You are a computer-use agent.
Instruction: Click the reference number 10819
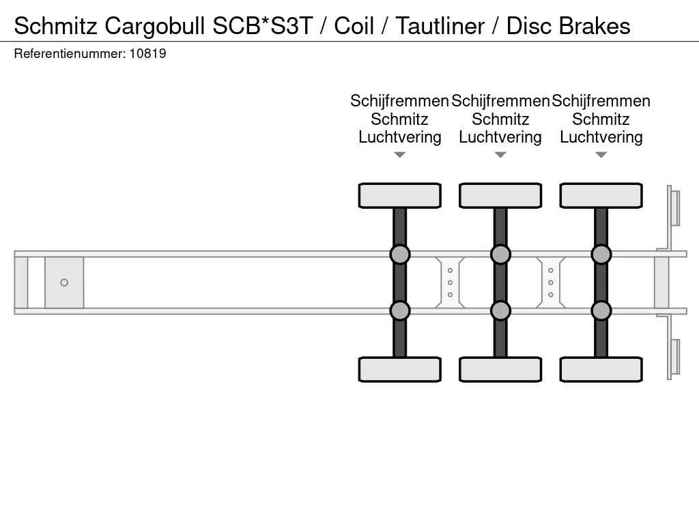pos(147,53)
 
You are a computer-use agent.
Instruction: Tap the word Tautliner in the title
pos(440,26)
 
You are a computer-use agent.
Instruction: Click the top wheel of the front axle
pos(399,196)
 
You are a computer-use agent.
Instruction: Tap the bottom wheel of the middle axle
pos(500,369)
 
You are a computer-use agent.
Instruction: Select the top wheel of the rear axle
pos(601,196)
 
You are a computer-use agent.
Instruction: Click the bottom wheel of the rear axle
pos(601,369)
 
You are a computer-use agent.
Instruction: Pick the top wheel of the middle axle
pos(500,196)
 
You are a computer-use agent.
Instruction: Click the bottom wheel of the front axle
pos(399,369)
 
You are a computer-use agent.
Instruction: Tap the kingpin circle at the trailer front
pos(64,282)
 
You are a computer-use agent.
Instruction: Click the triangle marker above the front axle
pos(400,155)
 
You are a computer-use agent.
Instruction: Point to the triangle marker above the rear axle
pos(601,155)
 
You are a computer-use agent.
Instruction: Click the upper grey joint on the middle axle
pos(500,254)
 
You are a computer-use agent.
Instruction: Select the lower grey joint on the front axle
pos(399,310)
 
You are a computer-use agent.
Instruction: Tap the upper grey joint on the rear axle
pos(601,254)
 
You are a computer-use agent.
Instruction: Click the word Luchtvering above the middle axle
pos(500,137)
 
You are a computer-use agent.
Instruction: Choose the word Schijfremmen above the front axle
pos(399,101)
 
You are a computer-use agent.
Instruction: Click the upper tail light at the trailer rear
pos(674,207)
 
